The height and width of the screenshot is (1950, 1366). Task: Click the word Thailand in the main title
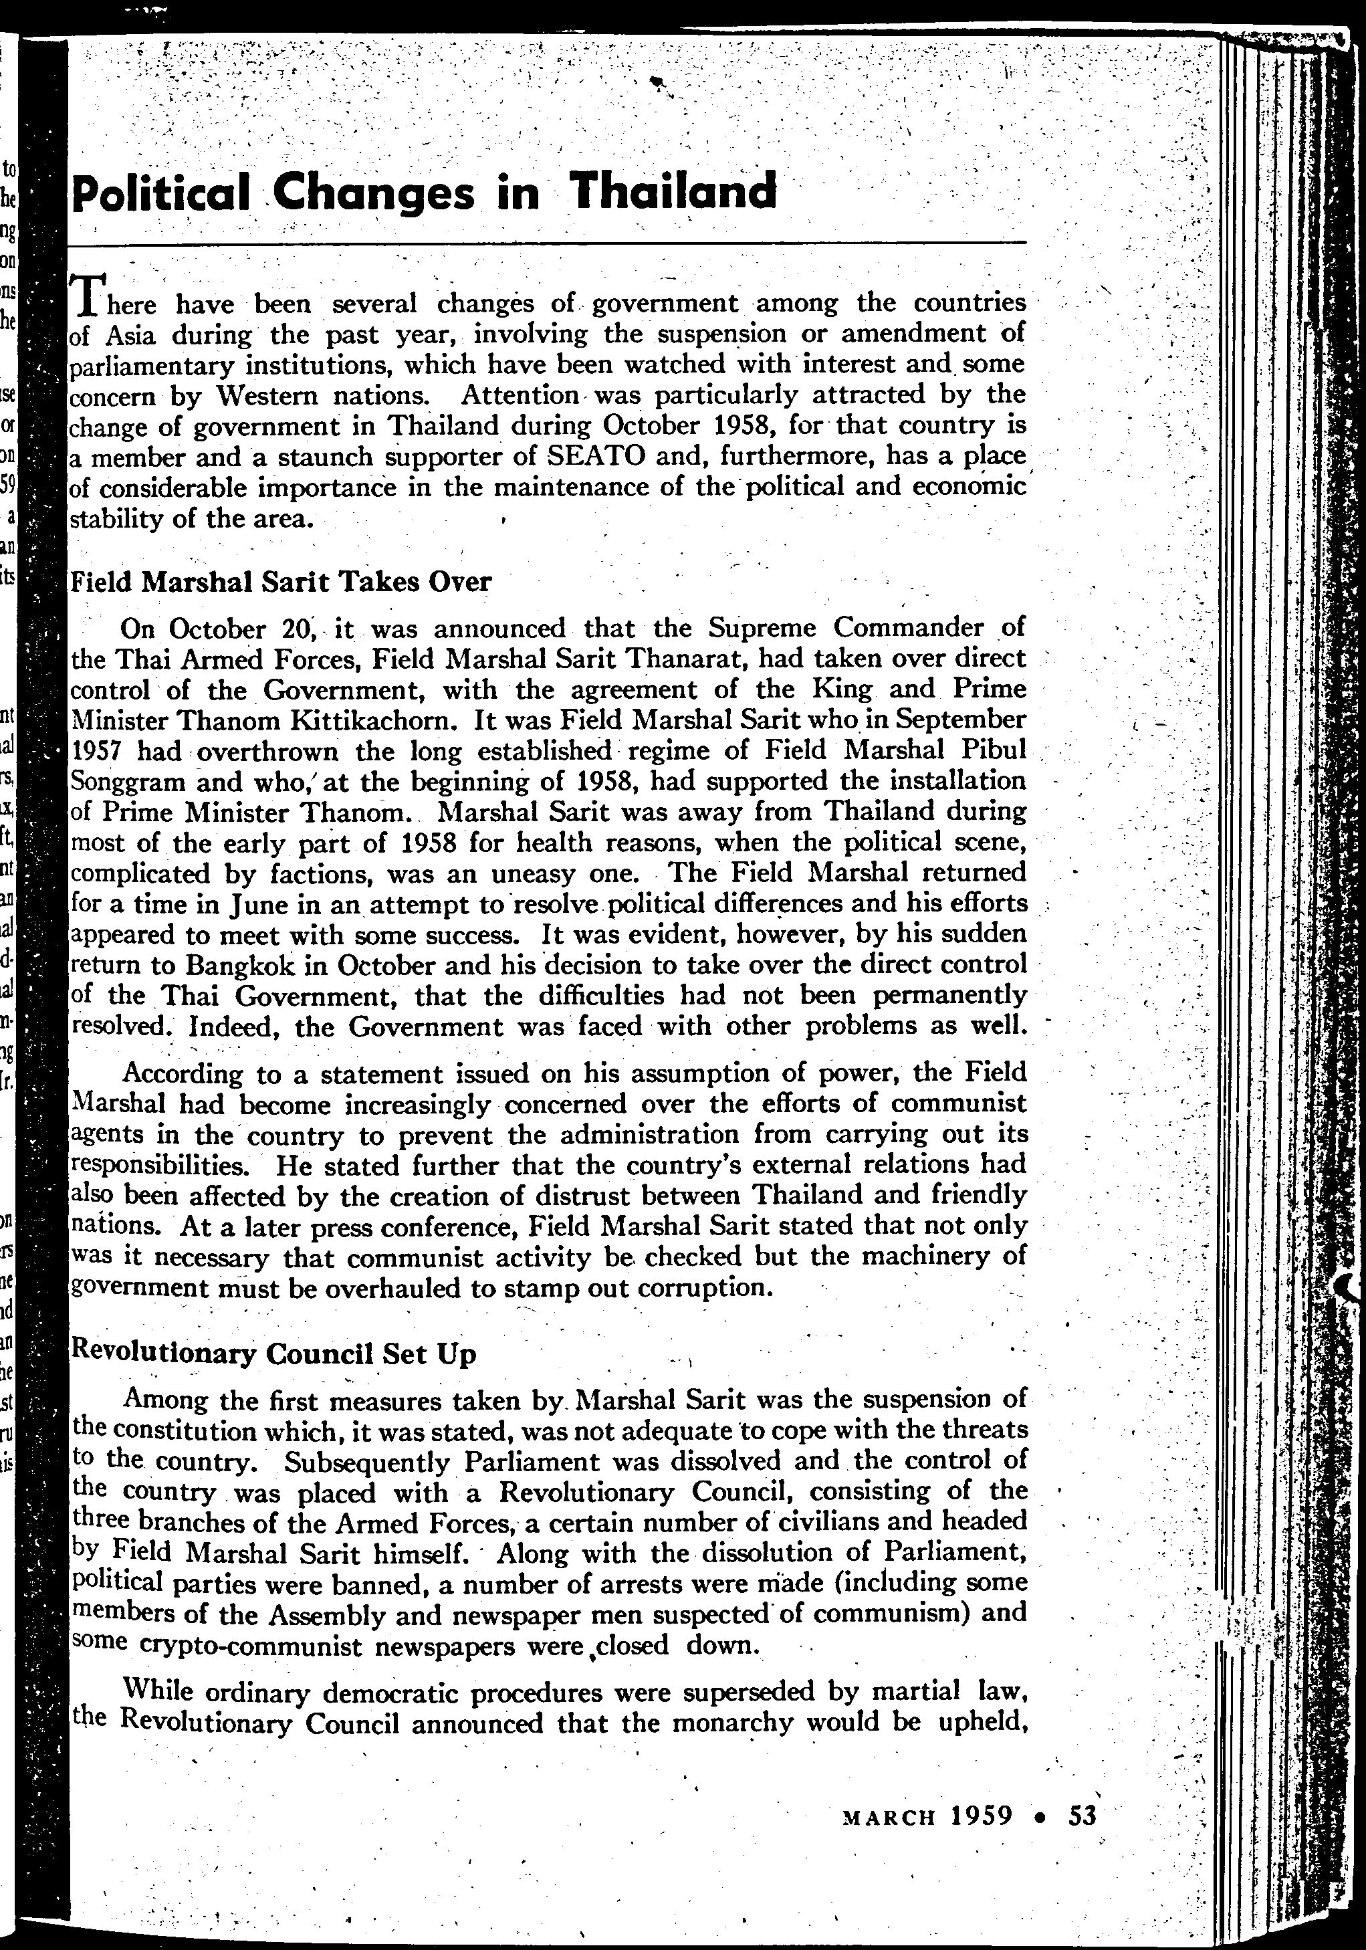673,191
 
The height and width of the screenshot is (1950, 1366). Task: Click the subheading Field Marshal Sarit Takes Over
281,582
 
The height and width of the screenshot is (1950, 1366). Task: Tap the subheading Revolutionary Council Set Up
273,1353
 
